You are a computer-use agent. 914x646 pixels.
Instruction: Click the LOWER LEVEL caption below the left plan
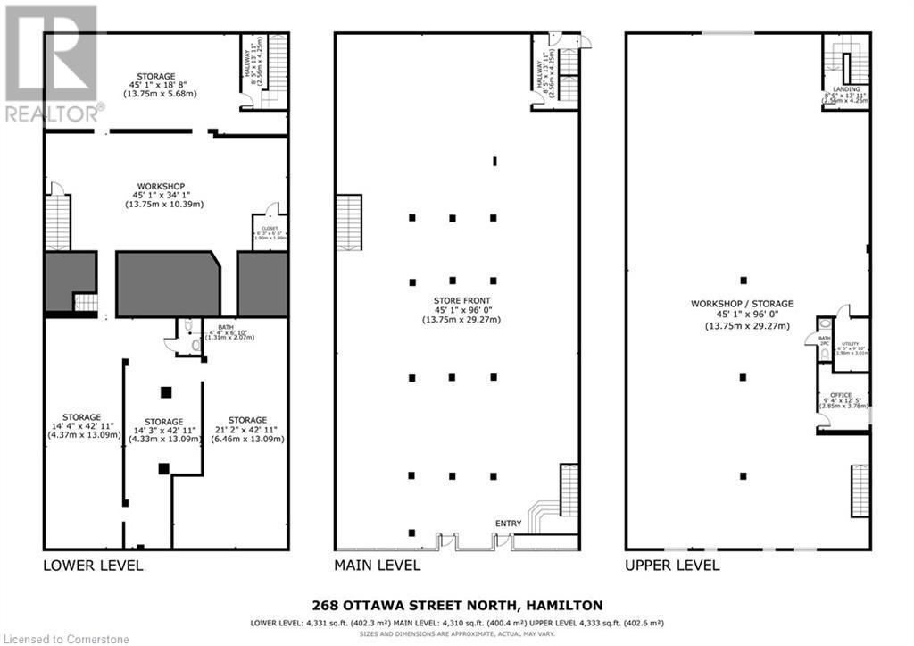click(93, 566)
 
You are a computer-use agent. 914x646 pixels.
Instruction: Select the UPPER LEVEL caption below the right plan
click(672, 566)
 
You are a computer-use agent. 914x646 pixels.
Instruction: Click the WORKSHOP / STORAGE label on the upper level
click(742, 305)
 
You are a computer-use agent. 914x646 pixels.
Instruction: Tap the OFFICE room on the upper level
click(841, 395)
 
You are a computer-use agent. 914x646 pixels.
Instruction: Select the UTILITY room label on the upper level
click(851, 343)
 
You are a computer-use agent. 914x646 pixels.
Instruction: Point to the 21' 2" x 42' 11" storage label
click(246, 420)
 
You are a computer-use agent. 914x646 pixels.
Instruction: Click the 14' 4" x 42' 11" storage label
click(83, 417)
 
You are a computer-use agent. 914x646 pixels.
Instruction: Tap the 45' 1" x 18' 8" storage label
click(155, 77)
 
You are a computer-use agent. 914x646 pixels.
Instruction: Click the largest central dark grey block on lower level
click(167, 283)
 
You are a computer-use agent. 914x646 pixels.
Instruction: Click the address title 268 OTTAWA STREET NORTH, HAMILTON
click(456, 605)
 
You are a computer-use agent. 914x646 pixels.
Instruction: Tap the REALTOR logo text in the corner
click(54, 113)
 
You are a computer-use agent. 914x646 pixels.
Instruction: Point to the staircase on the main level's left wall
click(348, 222)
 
